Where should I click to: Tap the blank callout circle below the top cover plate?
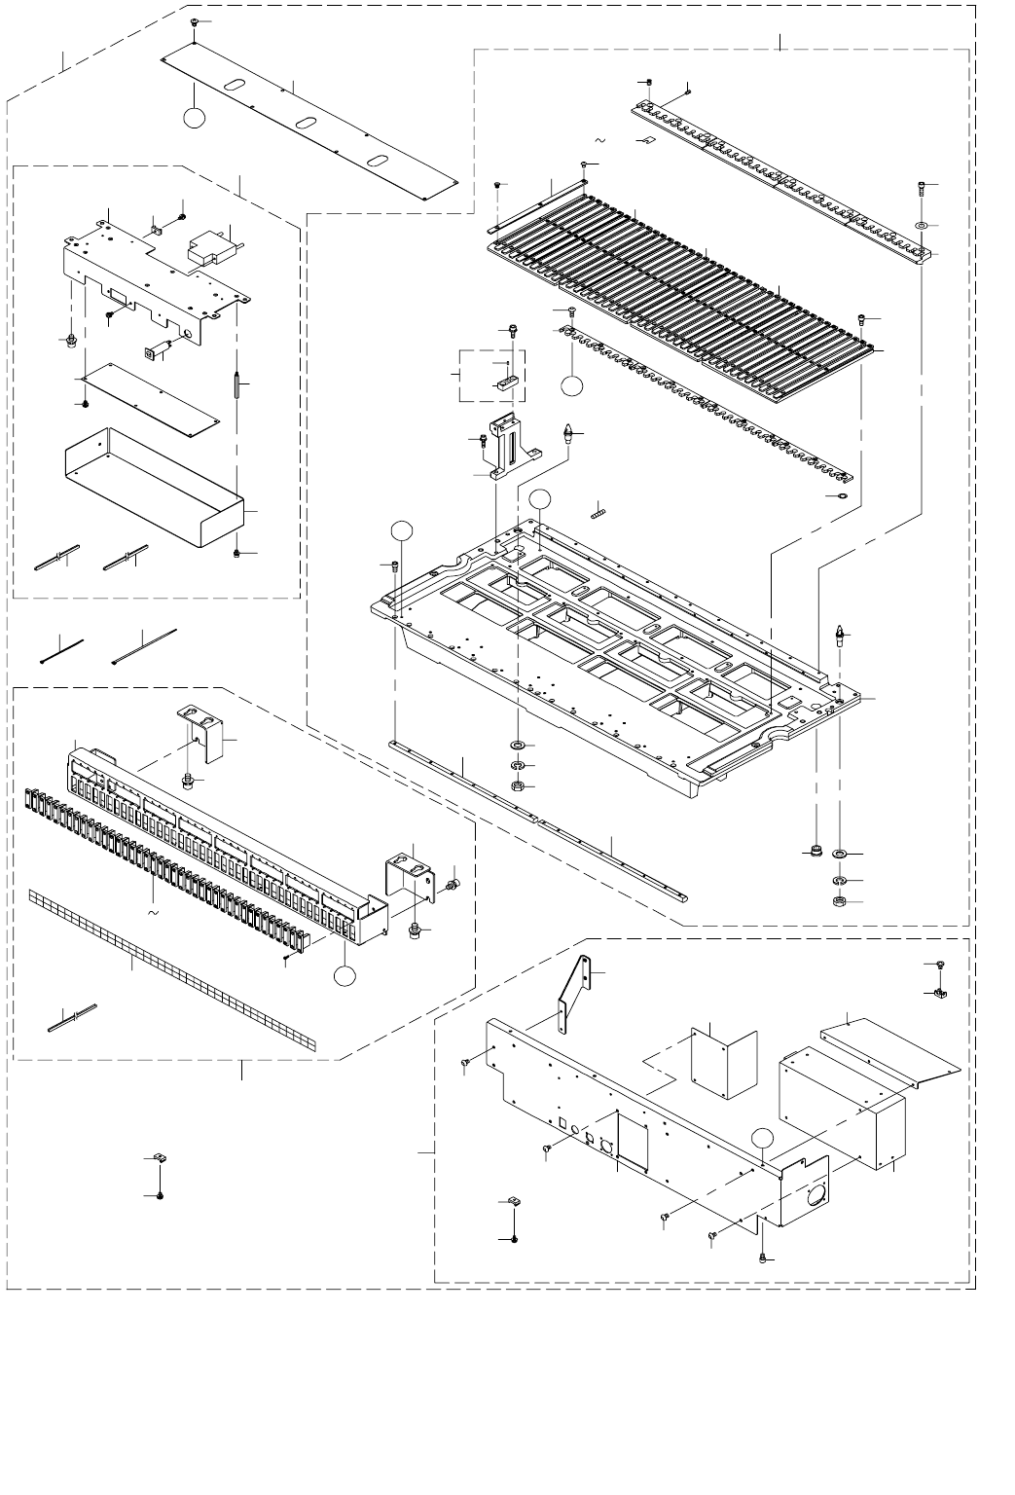pos(195,118)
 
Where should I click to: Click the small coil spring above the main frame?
pos(598,509)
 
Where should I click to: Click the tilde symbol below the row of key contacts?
pos(152,913)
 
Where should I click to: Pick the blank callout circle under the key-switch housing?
pos(343,976)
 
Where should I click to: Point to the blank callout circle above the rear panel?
pos(764,1138)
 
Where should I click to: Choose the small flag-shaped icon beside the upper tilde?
pos(642,142)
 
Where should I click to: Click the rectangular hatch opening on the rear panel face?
pos(633,1141)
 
